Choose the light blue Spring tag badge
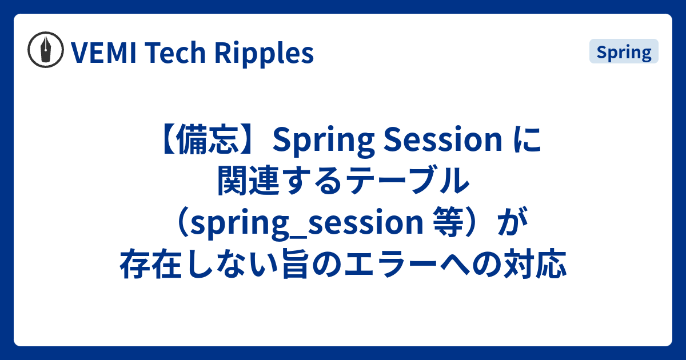pos(624,52)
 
